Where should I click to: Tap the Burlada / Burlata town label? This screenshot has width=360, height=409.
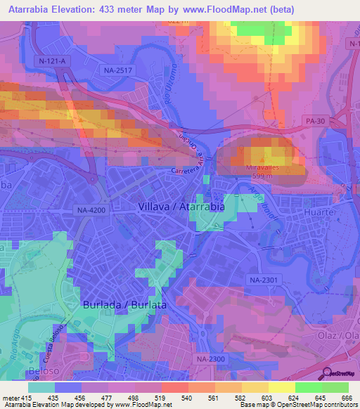(124, 306)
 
